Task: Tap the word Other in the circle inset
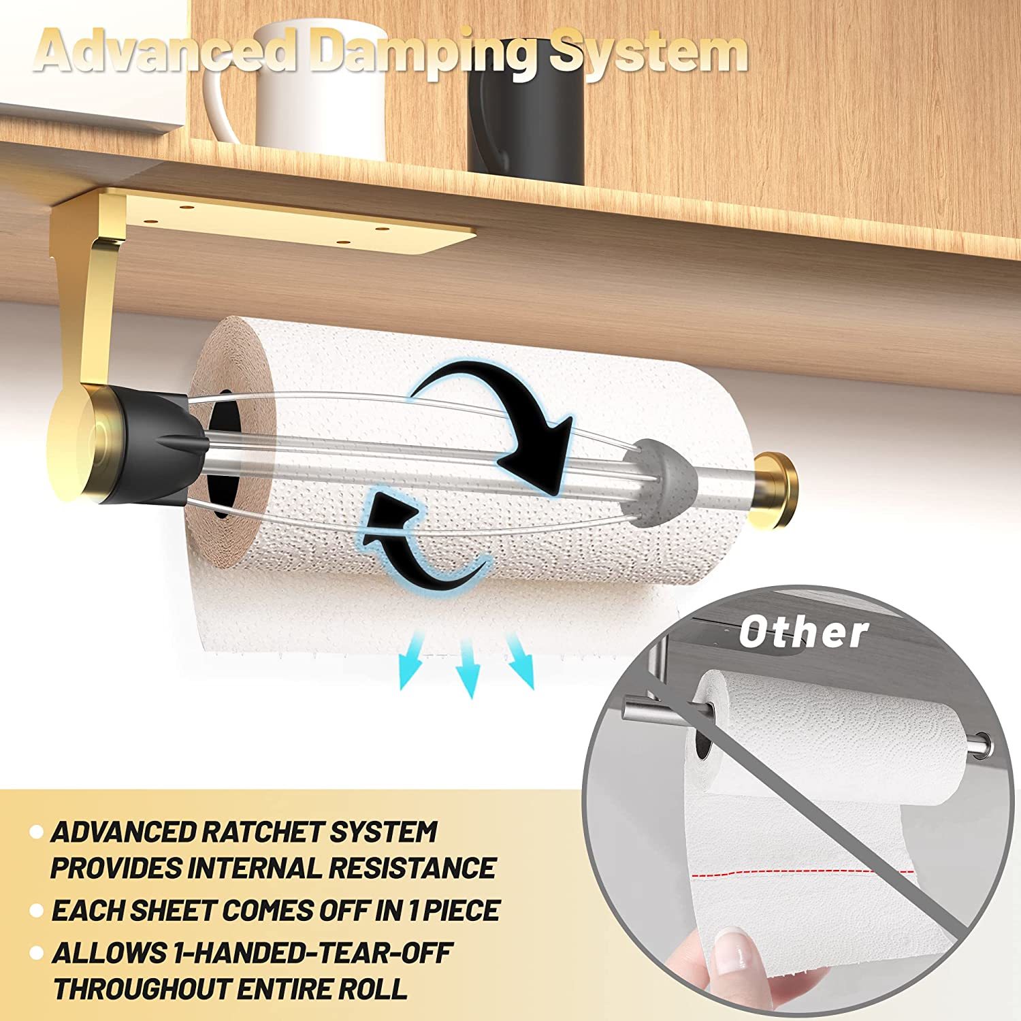tap(803, 633)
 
